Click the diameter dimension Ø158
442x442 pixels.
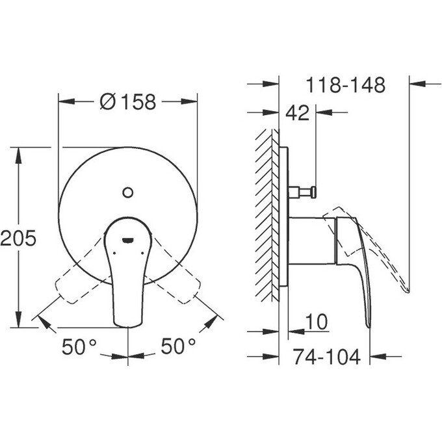tap(129, 102)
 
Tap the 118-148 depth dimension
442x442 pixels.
tap(346, 84)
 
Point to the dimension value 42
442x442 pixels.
tap(297, 113)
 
